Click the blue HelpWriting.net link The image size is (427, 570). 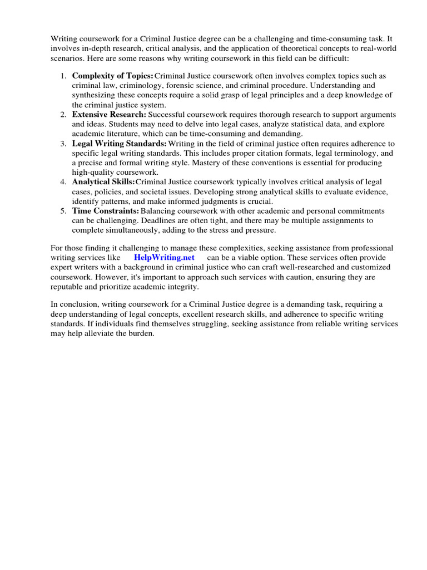(x=164, y=257)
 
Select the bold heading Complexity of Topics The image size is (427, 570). (x=112, y=76)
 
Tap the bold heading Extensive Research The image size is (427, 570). (x=109, y=114)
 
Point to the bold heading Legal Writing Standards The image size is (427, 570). (x=119, y=144)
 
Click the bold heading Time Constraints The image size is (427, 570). (x=105, y=212)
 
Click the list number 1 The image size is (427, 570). (x=64, y=76)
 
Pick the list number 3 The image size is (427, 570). (x=64, y=144)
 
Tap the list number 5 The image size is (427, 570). (x=64, y=212)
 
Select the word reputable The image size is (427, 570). (x=69, y=287)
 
